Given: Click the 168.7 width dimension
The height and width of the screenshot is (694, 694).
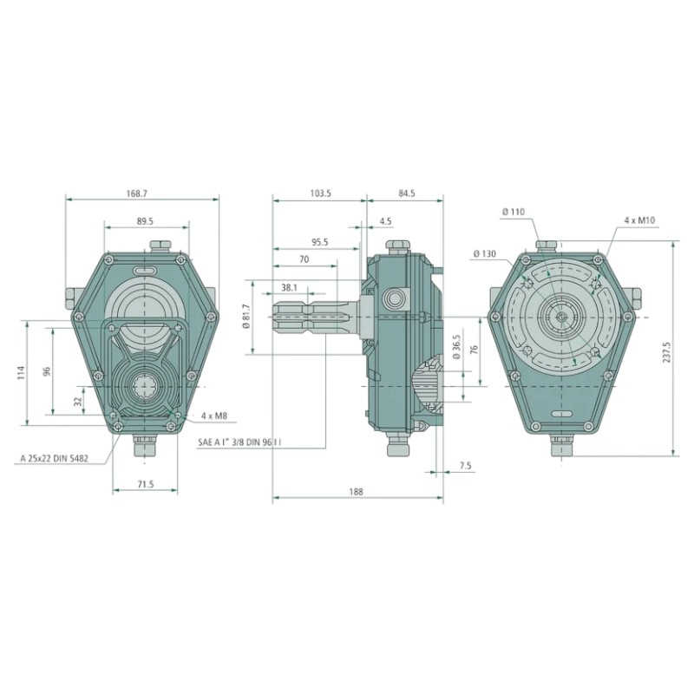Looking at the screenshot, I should pos(137,193).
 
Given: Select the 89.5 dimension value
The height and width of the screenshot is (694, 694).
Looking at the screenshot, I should pos(145,221).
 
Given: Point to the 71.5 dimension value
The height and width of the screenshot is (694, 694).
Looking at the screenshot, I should pos(144,484).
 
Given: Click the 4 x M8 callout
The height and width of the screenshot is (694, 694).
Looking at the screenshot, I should pos(213,416).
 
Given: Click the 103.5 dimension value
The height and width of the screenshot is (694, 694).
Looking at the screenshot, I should pos(318,193).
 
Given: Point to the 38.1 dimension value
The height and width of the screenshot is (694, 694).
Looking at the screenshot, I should pos(291,286).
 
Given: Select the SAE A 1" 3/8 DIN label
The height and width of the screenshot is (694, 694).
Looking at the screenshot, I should pos(244,442).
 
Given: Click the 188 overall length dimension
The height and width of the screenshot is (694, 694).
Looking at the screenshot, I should pos(357,492).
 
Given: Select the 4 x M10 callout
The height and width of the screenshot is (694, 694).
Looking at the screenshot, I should pos(639,221).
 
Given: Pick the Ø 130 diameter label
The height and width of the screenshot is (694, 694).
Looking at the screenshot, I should pos(485,254).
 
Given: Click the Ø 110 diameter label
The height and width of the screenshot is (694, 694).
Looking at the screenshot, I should pos(514,212).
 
